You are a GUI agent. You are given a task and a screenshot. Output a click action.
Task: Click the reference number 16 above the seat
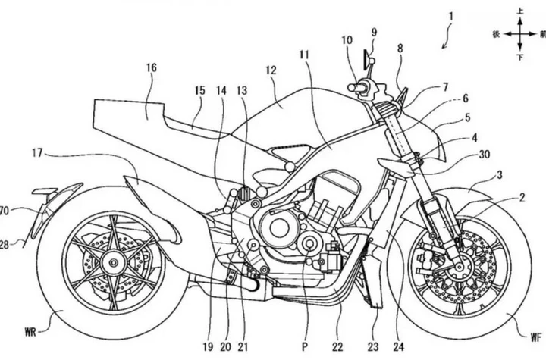(152, 68)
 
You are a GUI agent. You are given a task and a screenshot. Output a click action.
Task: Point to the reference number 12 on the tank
(271, 71)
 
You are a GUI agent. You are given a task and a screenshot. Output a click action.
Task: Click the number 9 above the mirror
(374, 32)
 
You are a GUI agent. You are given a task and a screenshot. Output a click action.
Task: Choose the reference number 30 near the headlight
(483, 153)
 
